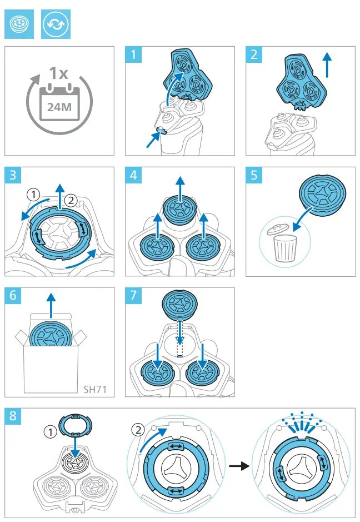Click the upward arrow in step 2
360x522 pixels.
coord(328,66)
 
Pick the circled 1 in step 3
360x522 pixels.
coord(35,195)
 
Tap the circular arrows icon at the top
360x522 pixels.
coord(56,25)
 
